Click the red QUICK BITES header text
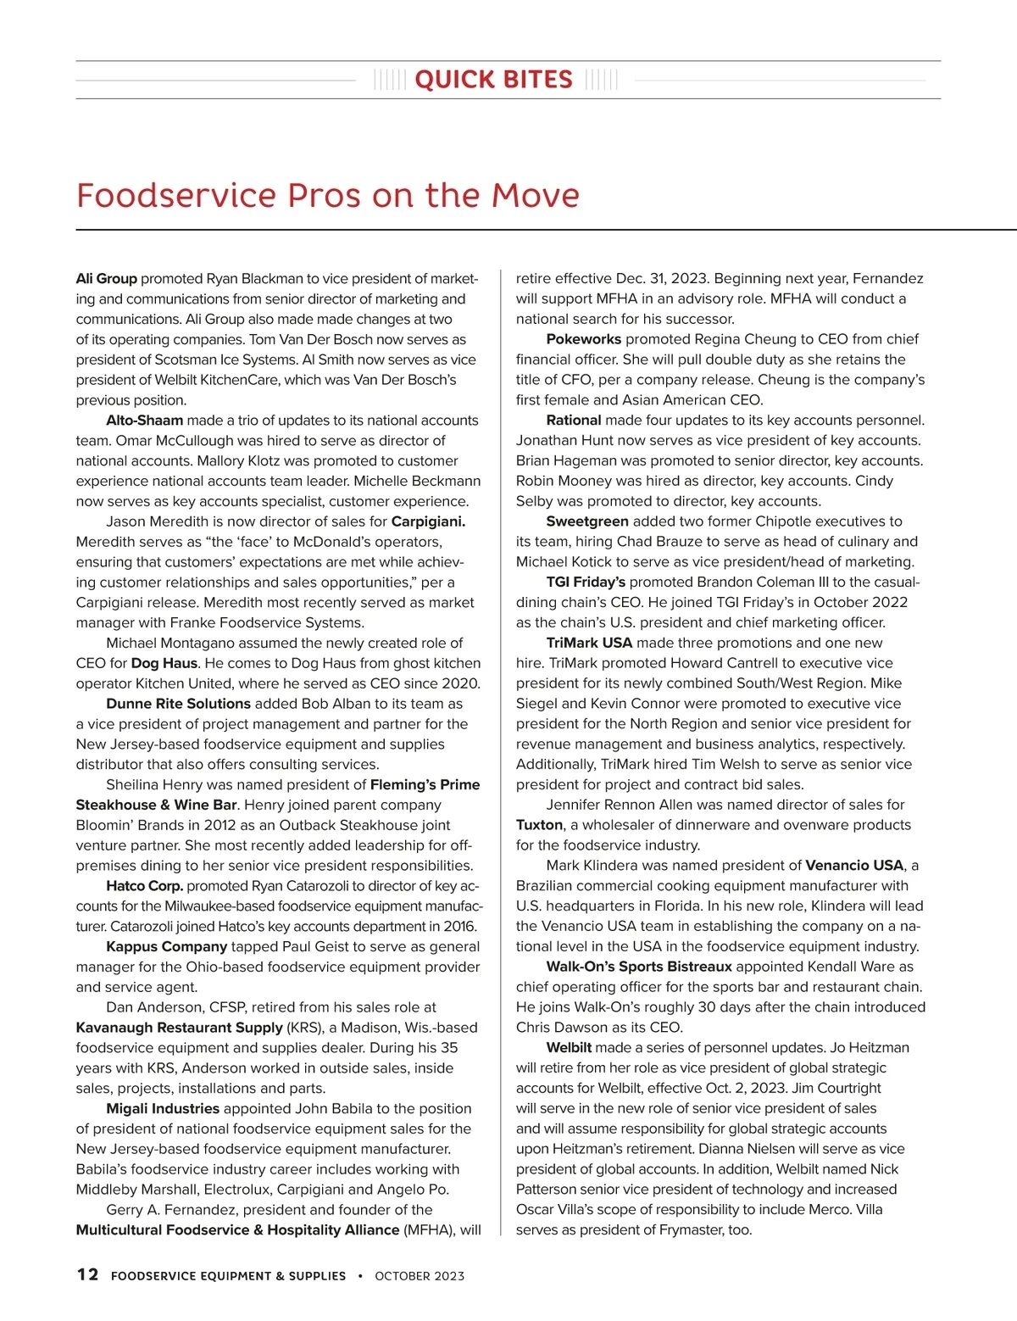[x=493, y=80]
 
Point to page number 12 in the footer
[x=87, y=1275]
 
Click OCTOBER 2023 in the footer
[x=420, y=1276]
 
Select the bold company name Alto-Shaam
[x=144, y=421]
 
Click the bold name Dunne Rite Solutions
[x=178, y=704]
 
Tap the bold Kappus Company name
[x=166, y=947]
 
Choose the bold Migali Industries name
[x=163, y=1109]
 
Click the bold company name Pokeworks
[x=583, y=339]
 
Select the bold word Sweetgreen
[x=587, y=521]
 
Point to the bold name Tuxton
[x=539, y=825]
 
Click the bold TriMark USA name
[x=589, y=644]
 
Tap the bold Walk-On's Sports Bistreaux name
[x=639, y=967]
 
